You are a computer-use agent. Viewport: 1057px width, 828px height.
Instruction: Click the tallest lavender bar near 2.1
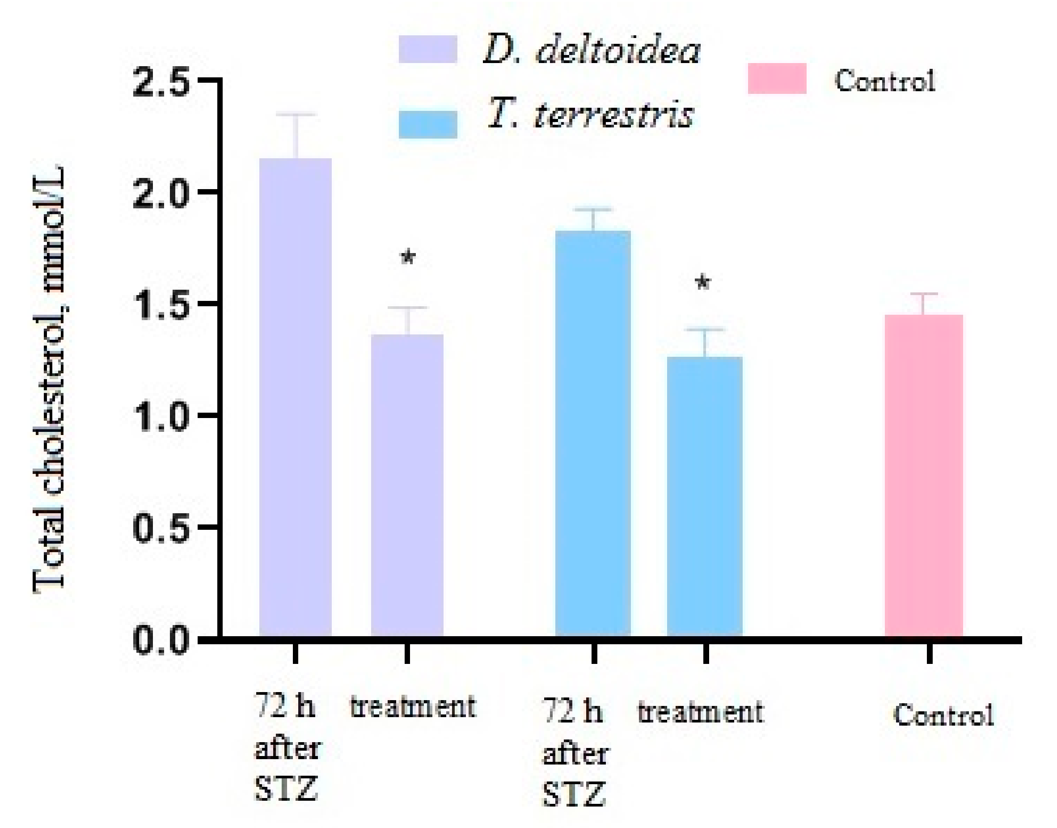(295, 397)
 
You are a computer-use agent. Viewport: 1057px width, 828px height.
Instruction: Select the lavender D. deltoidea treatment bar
(407, 485)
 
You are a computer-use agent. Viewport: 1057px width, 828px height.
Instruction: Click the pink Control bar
(924, 475)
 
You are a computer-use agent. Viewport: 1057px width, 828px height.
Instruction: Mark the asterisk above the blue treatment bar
(703, 283)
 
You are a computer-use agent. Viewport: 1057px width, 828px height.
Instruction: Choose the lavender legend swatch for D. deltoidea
(427, 49)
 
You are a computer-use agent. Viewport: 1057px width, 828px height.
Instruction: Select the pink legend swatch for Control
(777, 78)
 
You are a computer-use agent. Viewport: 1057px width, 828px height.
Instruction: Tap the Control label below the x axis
(943, 715)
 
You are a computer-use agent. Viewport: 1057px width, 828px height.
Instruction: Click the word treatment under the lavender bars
(413, 707)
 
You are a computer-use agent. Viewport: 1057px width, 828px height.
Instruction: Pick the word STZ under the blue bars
(574, 794)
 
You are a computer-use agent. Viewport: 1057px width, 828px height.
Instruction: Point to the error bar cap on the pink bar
(924, 294)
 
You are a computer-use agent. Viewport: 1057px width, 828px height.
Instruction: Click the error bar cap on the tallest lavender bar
(296, 114)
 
